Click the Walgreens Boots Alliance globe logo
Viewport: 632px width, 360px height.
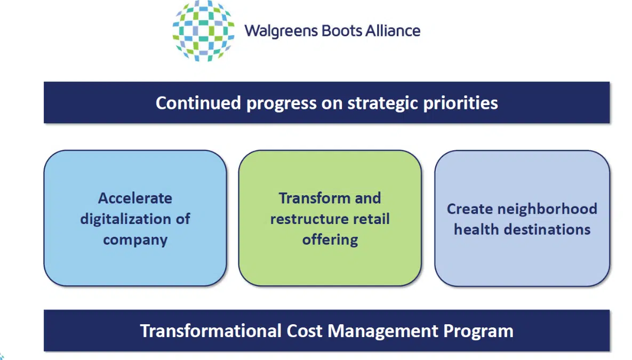pyautogui.click(x=203, y=30)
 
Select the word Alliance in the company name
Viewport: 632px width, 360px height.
pyautogui.click(x=393, y=30)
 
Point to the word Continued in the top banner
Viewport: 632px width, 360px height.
pyautogui.click(x=198, y=103)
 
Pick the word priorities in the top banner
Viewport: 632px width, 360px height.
pyautogui.click(x=461, y=103)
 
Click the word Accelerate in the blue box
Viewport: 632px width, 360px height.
pyautogui.click(x=135, y=198)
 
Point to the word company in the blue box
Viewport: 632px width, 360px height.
pyautogui.click(x=135, y=241)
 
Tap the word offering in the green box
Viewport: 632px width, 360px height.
pyautogui.click(x=330, y=240)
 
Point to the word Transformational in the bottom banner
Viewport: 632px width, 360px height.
pyautogui.click(x=210, y=331)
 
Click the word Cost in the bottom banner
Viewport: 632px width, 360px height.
pyautogui.click(x=305, y=331)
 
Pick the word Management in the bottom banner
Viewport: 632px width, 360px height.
pyautogui.click(x=383, y=332)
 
